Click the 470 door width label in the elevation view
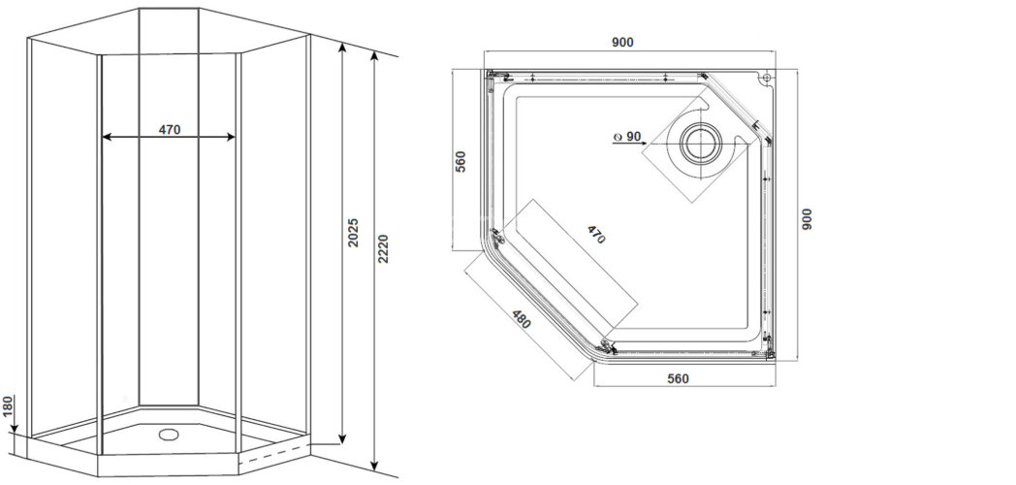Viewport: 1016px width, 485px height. [x=169, y=129]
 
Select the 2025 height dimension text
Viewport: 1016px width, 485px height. [x=355, y=239]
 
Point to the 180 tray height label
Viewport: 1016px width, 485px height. [x=9, y=406]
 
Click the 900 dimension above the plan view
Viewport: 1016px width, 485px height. [x=622, y=43]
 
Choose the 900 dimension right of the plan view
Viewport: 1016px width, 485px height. [x=807, y=218]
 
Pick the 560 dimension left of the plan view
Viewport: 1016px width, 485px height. [x=461, y=161]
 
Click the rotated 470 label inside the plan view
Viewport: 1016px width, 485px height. [x=595, y=235]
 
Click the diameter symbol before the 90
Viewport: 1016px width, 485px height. [x=617, y=138]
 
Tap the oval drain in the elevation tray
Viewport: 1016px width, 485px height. [x=170, y=436]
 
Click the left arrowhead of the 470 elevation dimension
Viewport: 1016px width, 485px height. [x=107, y=138]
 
